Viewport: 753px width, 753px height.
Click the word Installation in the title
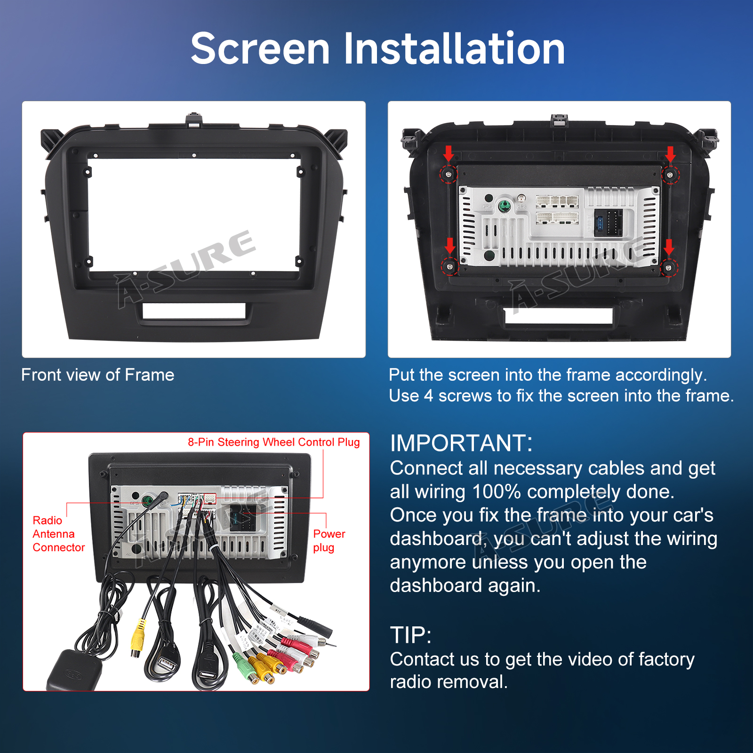[454, 48]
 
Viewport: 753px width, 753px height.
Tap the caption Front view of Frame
[98, 375]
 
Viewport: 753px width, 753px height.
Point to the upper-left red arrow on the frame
[449, 153]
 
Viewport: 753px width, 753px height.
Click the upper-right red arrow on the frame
[670, 153]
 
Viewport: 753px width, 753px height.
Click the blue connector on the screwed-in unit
[599, 223]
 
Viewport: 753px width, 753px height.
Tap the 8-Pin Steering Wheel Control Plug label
[274, 442]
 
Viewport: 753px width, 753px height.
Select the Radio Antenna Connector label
[59, 534]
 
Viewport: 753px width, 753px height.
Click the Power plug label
[329, 541]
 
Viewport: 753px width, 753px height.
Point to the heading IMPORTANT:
[461, 443]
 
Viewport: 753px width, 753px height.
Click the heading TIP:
[411, 635]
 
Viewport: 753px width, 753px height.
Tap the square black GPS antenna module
[74, 671]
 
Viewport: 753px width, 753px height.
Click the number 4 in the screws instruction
[428, 396]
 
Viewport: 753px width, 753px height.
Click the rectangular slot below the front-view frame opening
[194, 311]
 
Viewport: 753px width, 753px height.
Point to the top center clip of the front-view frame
[194, 120]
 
